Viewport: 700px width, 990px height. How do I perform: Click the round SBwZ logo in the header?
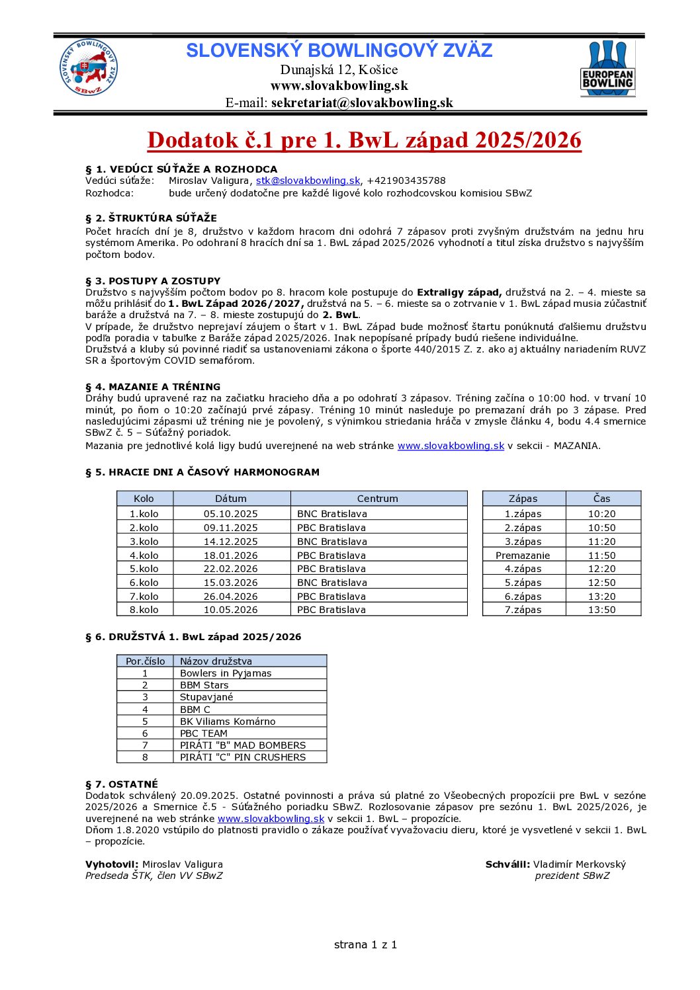click(89, 68)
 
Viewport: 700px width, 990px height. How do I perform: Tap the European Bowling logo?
click(607, 69)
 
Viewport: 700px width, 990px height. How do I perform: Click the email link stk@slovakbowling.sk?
click(308, 181)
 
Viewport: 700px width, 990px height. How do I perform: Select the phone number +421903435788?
click(406, 181)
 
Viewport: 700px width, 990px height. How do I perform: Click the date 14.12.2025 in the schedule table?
click(230, 542)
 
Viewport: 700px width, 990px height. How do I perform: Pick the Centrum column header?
click(378, 499)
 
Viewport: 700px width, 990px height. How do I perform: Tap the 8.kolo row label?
click(144, 610)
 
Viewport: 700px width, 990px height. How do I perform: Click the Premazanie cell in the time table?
click(523, 556)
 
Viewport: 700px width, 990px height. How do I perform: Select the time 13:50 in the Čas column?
click(601, 610)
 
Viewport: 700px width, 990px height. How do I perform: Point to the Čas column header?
click(601, 499)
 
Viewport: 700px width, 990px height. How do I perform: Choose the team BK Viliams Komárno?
click(228, 722)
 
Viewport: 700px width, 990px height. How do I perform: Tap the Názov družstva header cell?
click(216, 661)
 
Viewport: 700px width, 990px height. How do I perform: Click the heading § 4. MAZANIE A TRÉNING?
click(153, 387)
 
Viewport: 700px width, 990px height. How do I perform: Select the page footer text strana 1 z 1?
click(365, 944)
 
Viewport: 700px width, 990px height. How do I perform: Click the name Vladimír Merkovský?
click(579, 864)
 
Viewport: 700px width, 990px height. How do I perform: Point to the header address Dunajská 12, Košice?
click(339, 69)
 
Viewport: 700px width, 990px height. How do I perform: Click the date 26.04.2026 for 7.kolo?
click(230, 597)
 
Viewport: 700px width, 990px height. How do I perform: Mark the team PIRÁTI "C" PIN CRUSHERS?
click(243, 757)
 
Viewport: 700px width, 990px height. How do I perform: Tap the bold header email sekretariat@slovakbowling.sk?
click(362, 103)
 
